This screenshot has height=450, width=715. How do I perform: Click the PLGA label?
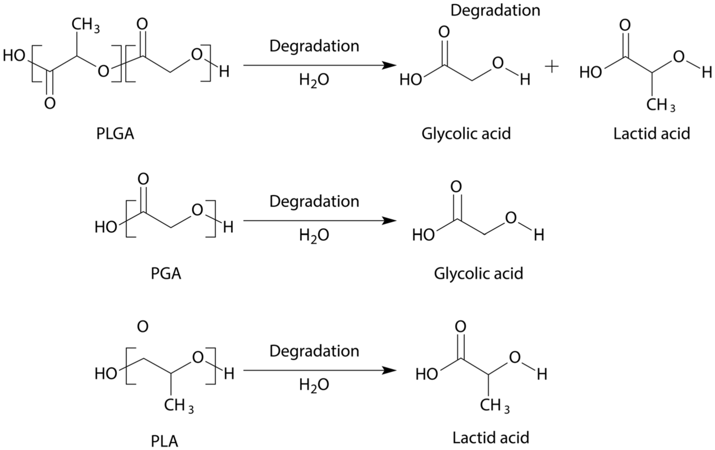click(x=115, y=134)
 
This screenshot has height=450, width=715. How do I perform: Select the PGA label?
click(x=166, y=274)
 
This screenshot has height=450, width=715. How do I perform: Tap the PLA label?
click(x=164, y=441)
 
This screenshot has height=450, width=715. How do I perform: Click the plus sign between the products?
click(x=552, y=67)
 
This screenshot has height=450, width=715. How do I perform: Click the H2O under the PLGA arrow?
click(x=314, y=80)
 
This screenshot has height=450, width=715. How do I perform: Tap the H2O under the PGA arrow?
click(x=314, y=235)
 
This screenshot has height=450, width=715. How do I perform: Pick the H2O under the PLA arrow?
click(x=314, y=385)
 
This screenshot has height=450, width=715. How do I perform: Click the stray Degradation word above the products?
click(x=495, y=10)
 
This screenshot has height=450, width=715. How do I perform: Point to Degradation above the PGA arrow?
click(x=314, y=201)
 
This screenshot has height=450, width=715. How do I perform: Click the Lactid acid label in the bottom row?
click(x=491, y=438)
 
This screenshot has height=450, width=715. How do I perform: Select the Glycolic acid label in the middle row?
click(x=478, y=274)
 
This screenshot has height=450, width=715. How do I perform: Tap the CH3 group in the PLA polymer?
click(x=179, y=406)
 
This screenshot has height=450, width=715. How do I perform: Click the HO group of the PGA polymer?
click(x=106, y=227)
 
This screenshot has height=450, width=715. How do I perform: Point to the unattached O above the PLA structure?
click(x=143, y=326)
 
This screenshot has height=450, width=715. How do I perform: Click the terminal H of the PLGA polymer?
click(x=224, y=72)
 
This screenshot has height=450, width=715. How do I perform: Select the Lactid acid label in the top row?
click(x=652, y=134)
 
